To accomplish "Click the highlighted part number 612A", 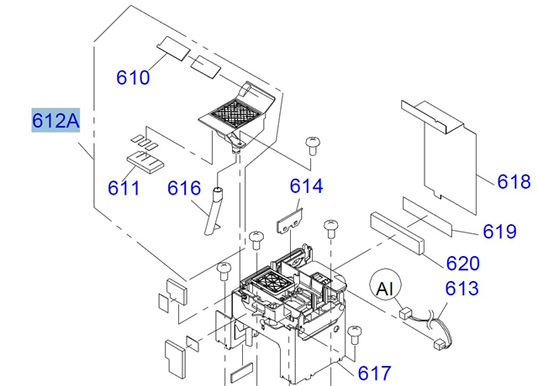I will coord(55,122).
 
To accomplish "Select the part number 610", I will coord(133,78).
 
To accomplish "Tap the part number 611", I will coord(123,187).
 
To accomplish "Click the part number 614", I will coord(306,186).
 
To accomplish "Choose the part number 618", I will coord(514,182).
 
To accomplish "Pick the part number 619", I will coord(499,231).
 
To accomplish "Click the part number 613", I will coord(462,289).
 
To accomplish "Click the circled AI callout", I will coord(385,289).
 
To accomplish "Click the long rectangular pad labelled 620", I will coord(397,234).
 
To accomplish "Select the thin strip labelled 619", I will coord(426,214).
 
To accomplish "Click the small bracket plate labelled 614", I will coord(291,221).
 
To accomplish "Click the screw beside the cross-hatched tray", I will coord(313,144).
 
